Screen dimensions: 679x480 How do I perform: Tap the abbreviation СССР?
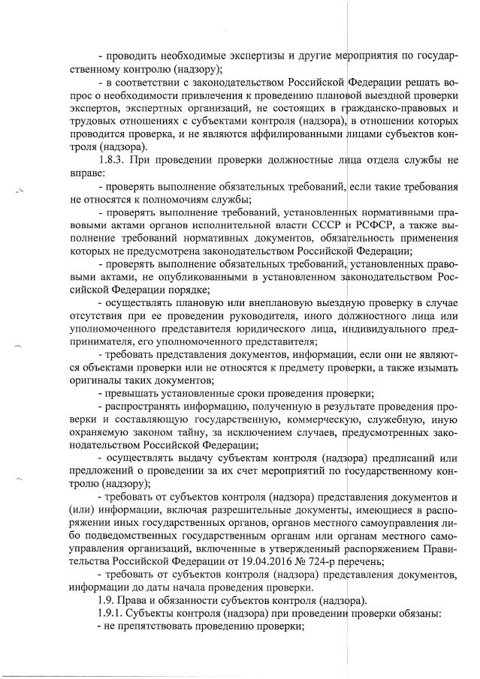327,225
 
